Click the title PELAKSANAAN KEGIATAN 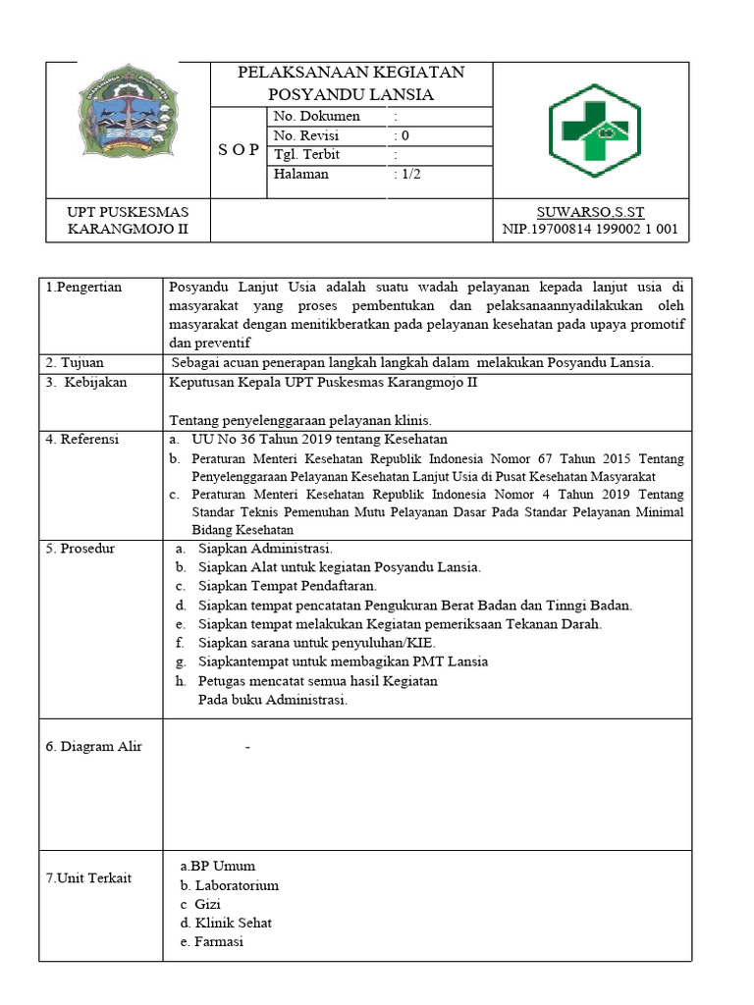pos(351,73)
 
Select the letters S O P pos(239,149)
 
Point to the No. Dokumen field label pos(316,116)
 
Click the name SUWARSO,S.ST pos(590,212)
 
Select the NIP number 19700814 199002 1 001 pos(589,231)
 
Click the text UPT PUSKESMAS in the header pos(127,212)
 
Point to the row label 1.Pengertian pos(83,287)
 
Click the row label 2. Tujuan pos(75,362)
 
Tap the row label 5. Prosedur pos(81,548)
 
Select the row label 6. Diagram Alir pos(94,746)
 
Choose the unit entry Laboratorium pos(237,885)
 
